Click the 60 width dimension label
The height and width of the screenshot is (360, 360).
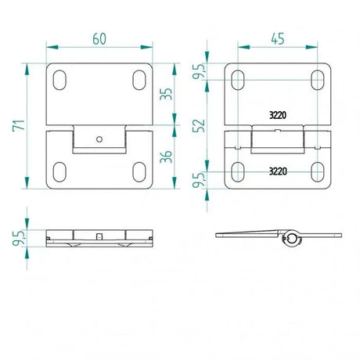point(98,38)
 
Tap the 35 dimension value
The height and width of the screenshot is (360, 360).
point(166,95)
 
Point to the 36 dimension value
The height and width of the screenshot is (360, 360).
point(166,156)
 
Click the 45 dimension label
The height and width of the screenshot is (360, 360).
point(278,38)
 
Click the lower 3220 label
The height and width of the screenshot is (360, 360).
point(278,170)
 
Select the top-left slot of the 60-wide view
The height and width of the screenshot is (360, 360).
point(60,79)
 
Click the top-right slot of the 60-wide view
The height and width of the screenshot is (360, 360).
point(139,79)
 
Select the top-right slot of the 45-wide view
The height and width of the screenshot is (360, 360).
point(318,79)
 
